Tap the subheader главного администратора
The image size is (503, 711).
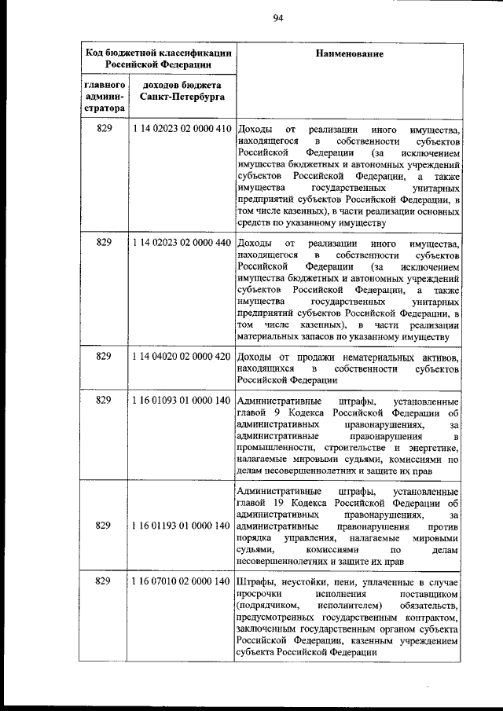(x=105, y=96)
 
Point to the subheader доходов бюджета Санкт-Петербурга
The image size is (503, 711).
(x=181, y=90)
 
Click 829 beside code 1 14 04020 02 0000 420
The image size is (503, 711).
(x=105, y=357)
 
